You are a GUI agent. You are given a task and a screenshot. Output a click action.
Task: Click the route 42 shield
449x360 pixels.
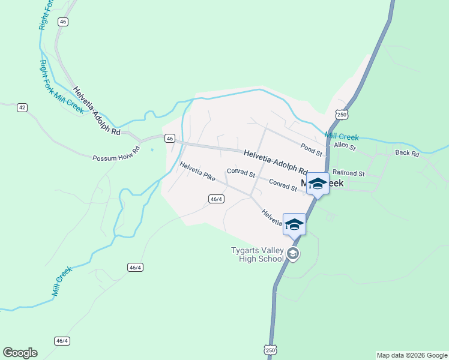click(x=22, y=107)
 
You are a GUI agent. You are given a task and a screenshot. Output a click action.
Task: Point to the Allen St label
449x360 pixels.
click(x=345, y=146)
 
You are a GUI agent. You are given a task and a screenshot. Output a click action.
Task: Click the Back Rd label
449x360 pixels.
click(x=407, y=153)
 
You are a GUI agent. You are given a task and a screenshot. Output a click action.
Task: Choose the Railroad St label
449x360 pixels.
click(x=348, y=173)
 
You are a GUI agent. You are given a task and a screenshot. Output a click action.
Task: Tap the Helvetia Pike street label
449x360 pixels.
click(x=197, y=172)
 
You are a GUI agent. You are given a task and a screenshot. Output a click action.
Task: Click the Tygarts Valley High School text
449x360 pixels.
click(x=258, y=255)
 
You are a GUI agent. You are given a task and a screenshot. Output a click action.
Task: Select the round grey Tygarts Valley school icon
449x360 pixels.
click(x=293, y=254)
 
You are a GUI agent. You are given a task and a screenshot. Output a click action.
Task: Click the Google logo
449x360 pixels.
click(x=20, y=353)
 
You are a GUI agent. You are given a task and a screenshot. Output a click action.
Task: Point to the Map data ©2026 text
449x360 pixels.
click(x=412, y=355)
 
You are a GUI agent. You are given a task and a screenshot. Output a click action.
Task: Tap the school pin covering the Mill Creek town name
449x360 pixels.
click(x=318, y=184)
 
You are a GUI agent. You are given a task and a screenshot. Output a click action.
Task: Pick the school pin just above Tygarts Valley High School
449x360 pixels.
click(x=294, y=224)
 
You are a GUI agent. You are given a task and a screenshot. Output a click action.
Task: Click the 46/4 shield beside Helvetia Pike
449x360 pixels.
click(x=217, y=199)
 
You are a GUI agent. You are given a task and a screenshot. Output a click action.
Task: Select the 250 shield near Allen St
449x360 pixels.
click(x=342, y=114)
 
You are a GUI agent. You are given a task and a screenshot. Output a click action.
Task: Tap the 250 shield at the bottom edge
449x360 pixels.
click(x=270, y=350)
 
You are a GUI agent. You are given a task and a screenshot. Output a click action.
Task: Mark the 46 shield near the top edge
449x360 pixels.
click(x=64, y=22)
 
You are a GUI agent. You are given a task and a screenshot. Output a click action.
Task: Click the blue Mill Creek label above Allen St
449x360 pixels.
click(x=342, y=136)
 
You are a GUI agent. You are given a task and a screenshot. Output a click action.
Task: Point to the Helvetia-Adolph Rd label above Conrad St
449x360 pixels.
click(x=276, y=162)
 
